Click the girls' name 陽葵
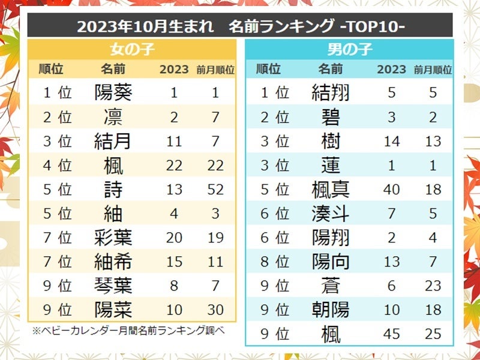coord(113,92)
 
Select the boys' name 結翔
coord(331,92)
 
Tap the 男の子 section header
coord(349,49)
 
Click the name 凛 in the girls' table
coord(113,116)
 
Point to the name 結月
coord(113,141)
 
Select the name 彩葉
coord(113,238)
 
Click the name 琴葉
coord(113,286)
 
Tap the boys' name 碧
coord(331,117)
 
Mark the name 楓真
coord(331,190)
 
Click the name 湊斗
coord(331,214)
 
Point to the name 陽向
coord(331,262)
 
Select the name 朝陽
coord(331,310)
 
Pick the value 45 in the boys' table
coord(391,334)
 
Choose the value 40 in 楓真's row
coord(391,190)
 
